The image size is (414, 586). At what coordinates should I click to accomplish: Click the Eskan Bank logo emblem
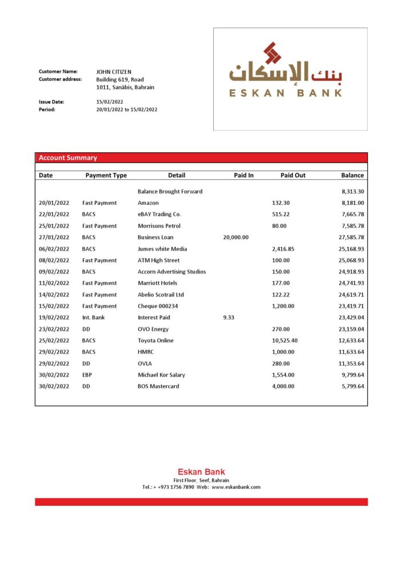pyautogui.click(x=273, y=53)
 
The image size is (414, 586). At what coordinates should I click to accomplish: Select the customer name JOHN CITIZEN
pyautogui.click(x=114, y=72)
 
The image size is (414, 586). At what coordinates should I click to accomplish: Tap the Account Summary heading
pyautogui.click(x=67, y=158)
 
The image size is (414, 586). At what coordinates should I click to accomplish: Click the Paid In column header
pyautogui.click(x=244, y=175)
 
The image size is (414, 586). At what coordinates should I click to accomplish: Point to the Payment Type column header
pyautogui.click(x=106, y=175)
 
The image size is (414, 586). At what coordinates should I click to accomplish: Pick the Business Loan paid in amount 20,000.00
pyautogui.click(x=236, y=237)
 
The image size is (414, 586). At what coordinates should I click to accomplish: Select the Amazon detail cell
pyautogui.click(x=148, y=203)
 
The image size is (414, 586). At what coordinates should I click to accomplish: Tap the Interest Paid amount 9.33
pyautogui.click(x=229, y=317)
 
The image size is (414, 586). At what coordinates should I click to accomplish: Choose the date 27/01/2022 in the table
pyautogui.click(x=54, y=237)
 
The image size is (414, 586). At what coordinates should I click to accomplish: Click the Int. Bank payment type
pyautogui.click(x=93, y=317)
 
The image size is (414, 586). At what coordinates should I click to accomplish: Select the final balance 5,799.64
pyautogui.click(x=351, y=386)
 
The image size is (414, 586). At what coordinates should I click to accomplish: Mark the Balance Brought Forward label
pyautogui.click(x=170, y=191)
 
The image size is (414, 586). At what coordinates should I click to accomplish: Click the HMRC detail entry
pyautogui.click(x=146, y=352)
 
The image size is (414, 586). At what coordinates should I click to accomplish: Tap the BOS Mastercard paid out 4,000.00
pyautogui.click(x=283, y=386)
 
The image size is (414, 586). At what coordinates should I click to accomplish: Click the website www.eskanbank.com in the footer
pyautogui.click(x=236, y=487)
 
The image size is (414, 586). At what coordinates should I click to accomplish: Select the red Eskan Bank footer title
pyautogui.click(x=201, y=472)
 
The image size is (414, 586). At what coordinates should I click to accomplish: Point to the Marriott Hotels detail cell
pyautogui.click(x=157, y=283)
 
